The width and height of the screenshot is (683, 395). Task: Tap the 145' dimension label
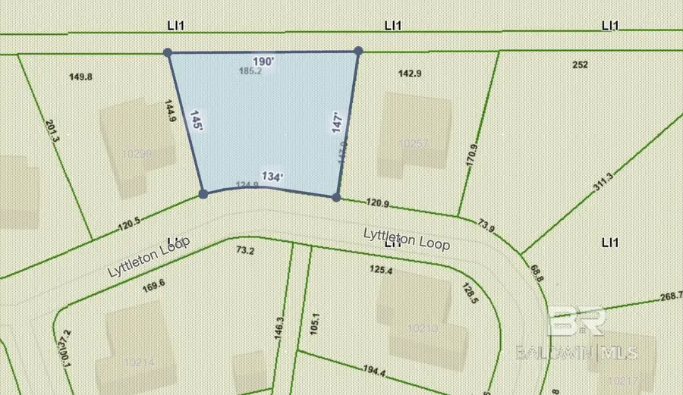coord(196,123)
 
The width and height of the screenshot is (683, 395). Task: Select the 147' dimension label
coord(339,123)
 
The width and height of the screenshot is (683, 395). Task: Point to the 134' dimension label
coord(272,176)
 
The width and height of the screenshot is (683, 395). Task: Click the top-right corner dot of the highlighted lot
coord(358,52)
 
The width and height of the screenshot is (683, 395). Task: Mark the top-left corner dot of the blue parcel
coord(168,53)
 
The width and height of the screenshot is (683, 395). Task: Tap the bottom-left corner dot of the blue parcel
coord(203,194)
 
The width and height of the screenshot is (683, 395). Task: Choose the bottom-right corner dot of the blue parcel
coord(336,197)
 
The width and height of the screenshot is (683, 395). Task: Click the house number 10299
coord(137,152)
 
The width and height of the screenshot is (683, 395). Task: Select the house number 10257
coord(414,143)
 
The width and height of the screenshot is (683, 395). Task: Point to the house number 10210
coord(423,328)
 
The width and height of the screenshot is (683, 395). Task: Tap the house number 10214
coord(137,362)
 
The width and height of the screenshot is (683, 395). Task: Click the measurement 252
coord(580,65)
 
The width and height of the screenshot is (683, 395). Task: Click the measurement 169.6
coord(153,286)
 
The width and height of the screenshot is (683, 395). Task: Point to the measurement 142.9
coord(410,73)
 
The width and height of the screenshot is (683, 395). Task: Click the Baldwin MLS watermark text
coord(576,352)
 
